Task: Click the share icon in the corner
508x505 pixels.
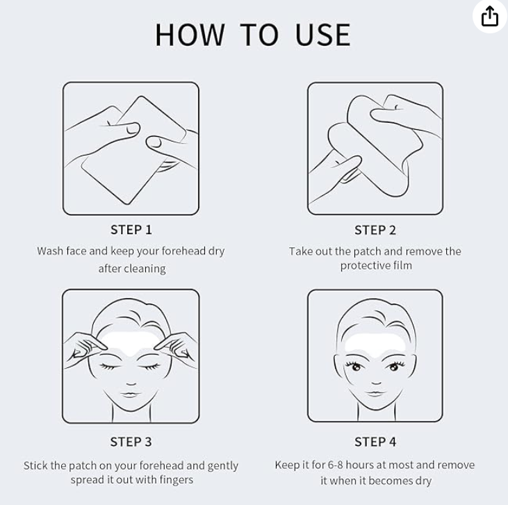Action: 489,16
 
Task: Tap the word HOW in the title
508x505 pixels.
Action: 190,35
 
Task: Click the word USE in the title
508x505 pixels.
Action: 323,35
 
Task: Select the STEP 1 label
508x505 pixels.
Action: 131,230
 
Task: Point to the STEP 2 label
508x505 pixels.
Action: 375,231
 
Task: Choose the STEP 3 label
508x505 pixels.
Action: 131,442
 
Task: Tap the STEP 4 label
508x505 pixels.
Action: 375,442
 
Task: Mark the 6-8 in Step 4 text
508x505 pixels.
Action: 335,465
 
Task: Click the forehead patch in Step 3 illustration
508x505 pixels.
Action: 131,342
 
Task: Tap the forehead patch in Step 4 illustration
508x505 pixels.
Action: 375,343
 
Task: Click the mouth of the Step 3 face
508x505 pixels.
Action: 130,395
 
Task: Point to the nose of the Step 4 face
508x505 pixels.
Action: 376,382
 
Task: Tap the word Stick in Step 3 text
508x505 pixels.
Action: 35,465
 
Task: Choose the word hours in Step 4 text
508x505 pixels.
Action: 359,465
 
